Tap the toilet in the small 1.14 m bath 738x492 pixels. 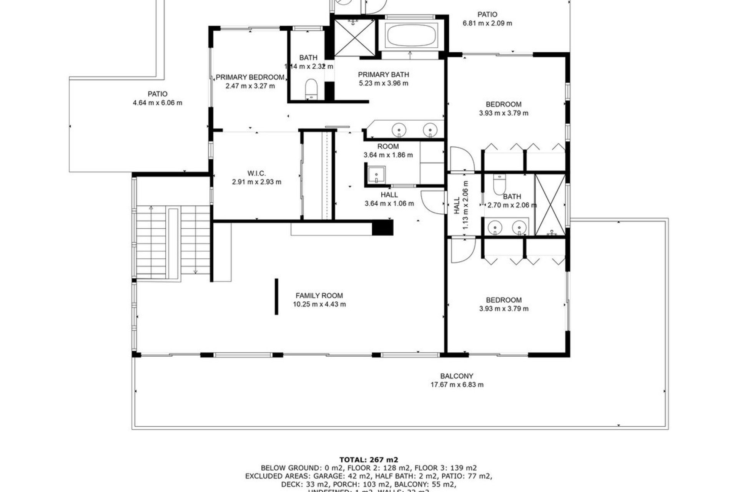(x=311, y=88)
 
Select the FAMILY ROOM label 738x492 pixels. (x=319, y=296)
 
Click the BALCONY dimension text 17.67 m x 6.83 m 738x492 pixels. (x=457, y=385)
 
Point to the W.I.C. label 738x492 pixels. (x=256, y=173)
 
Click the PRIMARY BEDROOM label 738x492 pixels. (x=250, y=77)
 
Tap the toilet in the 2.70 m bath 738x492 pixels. (x=500, y=186)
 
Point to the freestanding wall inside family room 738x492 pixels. (x=276, y=296)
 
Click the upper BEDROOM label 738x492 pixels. (x=504, y=104)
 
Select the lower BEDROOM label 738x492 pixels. (x=504, y=300)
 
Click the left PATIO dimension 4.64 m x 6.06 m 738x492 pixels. (x=157, y=103)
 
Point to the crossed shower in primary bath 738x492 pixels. (x=354, y=38)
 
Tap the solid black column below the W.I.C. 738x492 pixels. (x=382, y=227)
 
